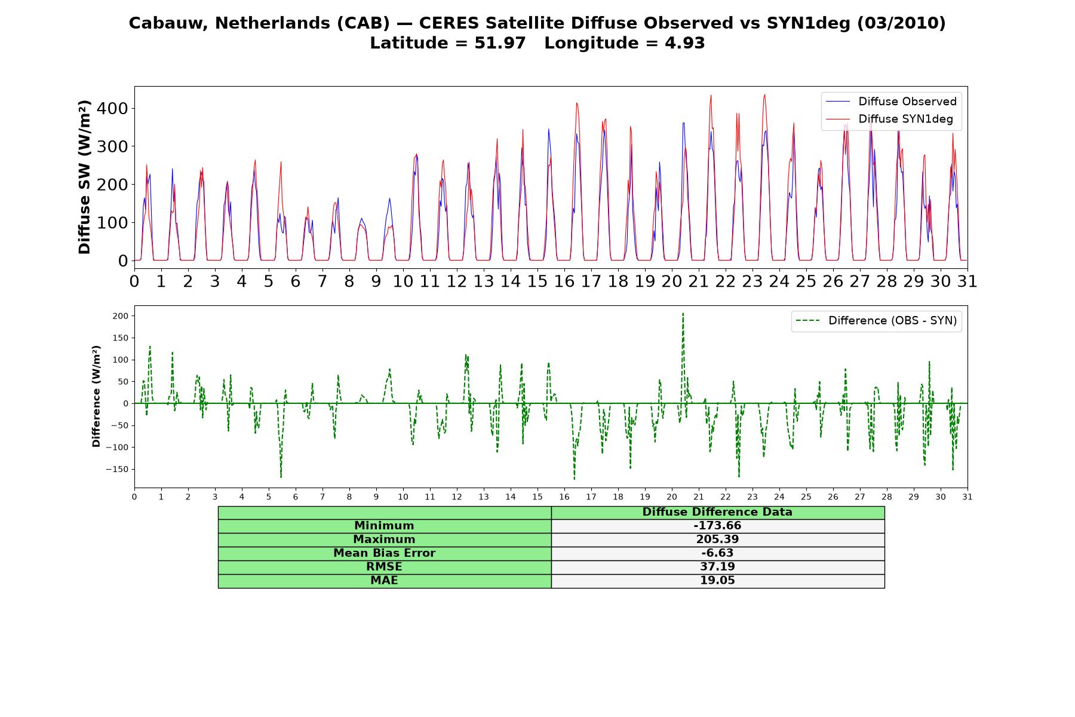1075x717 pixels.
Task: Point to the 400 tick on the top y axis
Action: coord(115,108)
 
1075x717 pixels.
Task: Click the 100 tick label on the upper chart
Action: coord(115,222)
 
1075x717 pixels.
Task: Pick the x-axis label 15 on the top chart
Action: coord(537,281)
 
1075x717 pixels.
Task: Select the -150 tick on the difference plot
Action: coord(117,469)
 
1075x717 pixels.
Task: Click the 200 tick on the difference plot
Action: coord(121,315)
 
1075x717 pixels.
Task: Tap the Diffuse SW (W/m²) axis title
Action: coord(84,177)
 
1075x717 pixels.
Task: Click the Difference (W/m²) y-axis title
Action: coord(96,396)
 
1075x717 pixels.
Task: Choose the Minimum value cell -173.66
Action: coord(717,526)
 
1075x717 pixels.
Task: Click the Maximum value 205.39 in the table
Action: coord(717,540)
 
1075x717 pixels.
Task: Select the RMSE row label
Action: coord(384,567)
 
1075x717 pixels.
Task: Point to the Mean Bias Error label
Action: coord(384,553)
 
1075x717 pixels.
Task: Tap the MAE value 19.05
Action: coord(717,581)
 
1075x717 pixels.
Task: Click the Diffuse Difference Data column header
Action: coord(717,512)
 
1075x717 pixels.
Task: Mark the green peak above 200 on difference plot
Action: coord(683,313)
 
